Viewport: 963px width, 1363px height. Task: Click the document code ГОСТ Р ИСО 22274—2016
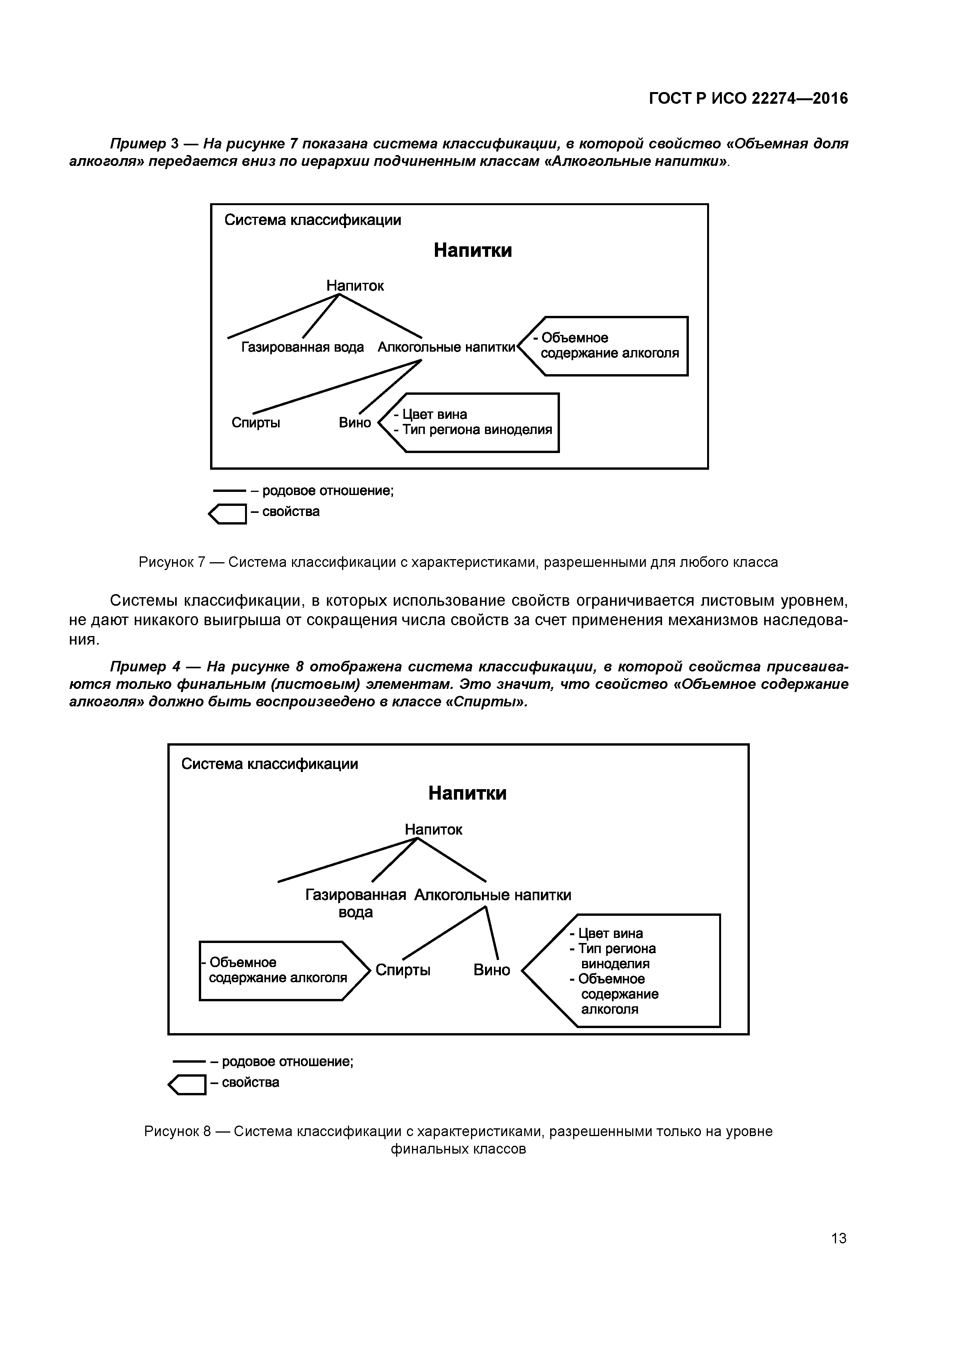[748, 98]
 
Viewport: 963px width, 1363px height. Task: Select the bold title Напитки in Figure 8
[467, 793]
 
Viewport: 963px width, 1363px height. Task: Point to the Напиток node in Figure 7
[355, 286]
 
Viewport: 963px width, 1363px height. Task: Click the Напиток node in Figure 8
[433, 829]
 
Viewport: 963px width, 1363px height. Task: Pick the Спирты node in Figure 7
[256, 423]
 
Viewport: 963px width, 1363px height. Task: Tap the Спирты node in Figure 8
[403, 970]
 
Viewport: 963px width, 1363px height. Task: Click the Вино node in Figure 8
[491, 970]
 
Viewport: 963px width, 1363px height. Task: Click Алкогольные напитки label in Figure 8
[492, 895]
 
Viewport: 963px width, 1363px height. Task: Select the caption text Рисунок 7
[172, 561]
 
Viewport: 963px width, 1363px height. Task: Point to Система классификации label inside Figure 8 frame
[269, 764]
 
